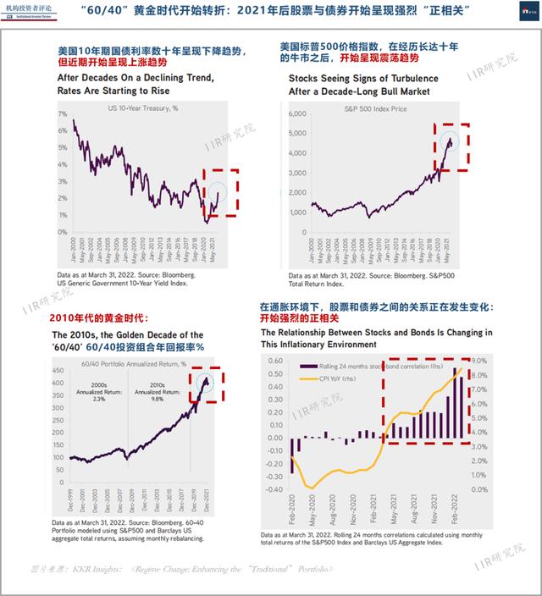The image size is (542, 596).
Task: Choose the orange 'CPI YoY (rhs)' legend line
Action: (305, 378)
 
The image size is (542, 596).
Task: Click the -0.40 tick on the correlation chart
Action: (274, 489)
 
